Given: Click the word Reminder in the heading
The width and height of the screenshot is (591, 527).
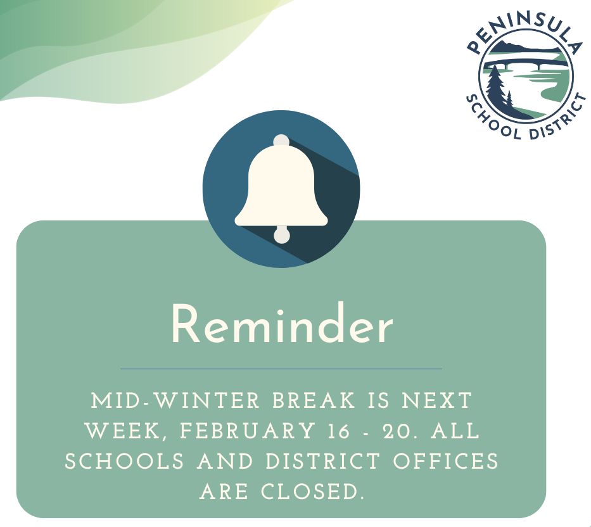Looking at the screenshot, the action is [282, 324].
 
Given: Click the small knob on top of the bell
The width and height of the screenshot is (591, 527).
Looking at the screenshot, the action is [281, 141].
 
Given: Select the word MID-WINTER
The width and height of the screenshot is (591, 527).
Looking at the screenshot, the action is [175, 400].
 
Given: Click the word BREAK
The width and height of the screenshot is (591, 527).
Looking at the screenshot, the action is [314, 400].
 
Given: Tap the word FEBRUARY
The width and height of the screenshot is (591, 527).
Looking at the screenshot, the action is [248, 431].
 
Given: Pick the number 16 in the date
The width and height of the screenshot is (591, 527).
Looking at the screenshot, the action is [338, 431].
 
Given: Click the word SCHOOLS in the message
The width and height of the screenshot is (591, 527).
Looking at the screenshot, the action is [124, 461].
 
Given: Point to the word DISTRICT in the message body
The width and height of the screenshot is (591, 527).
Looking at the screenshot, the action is [323, 461].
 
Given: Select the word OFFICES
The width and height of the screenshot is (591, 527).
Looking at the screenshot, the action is [446, 461].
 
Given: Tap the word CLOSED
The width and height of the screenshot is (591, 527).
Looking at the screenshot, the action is [313, 492].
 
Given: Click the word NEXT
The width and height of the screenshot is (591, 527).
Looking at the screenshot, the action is [437, 400].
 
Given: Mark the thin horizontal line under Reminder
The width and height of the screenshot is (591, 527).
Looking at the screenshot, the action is [281, 369].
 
